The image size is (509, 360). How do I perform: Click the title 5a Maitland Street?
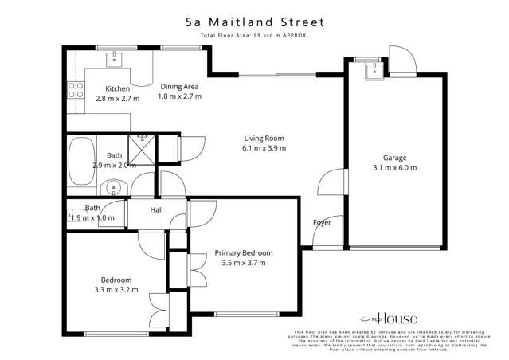point(254,23)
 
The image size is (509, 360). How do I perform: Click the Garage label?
point(394,158)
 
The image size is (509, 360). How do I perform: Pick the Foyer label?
point(322,222)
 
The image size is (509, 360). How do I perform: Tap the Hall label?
point(156,210)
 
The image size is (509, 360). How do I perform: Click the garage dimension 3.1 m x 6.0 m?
point(394,168)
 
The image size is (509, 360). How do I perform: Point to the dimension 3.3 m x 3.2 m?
point(116,290)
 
